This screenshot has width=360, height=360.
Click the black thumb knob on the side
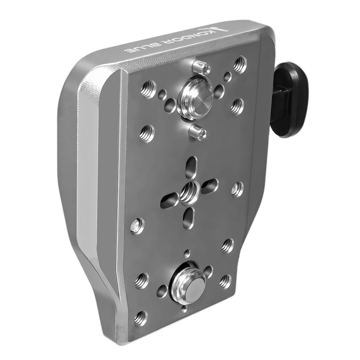point(290,100)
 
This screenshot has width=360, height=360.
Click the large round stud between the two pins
point(196,98)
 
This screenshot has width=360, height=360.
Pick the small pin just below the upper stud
point(197,133)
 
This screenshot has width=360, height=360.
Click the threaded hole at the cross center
point(190,191)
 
